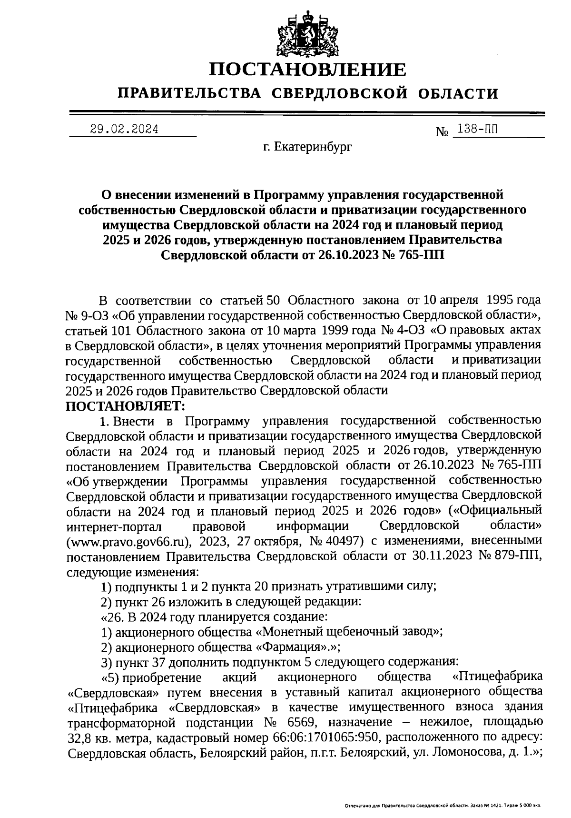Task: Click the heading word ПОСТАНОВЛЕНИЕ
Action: pyautogui.click(x=308, y=70)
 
